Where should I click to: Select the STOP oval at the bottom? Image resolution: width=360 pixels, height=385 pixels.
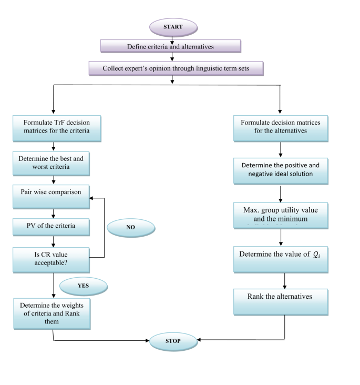click(x=173, y=341)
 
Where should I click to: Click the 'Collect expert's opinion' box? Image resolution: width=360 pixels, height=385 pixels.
click(x=176, y=68)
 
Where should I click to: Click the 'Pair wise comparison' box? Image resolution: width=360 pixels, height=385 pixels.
click(x=50, y=192)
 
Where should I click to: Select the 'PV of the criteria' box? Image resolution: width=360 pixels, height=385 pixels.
click(x=50, y=226)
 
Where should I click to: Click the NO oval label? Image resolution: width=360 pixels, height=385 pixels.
click(x=130, y=228)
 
